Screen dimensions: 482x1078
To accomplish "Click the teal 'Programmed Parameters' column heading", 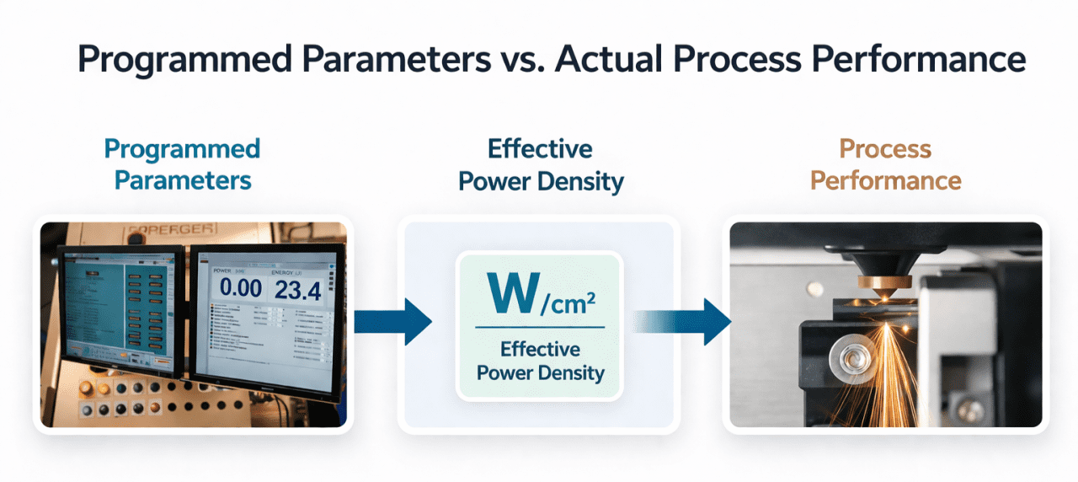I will point(183,164).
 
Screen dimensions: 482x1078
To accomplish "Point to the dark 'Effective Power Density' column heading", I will point(540,164).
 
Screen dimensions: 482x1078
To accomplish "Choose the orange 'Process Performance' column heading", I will point(885,164).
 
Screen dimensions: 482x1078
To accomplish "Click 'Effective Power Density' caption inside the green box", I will point(540,361).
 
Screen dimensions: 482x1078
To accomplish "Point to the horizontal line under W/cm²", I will point(540,327).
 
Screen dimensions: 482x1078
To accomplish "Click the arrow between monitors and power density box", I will point(392,319).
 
